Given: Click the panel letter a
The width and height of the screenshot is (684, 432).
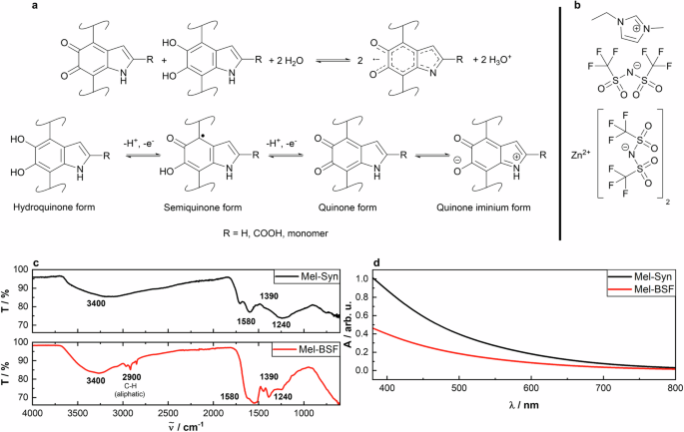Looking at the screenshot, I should (x=9, y=8).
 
